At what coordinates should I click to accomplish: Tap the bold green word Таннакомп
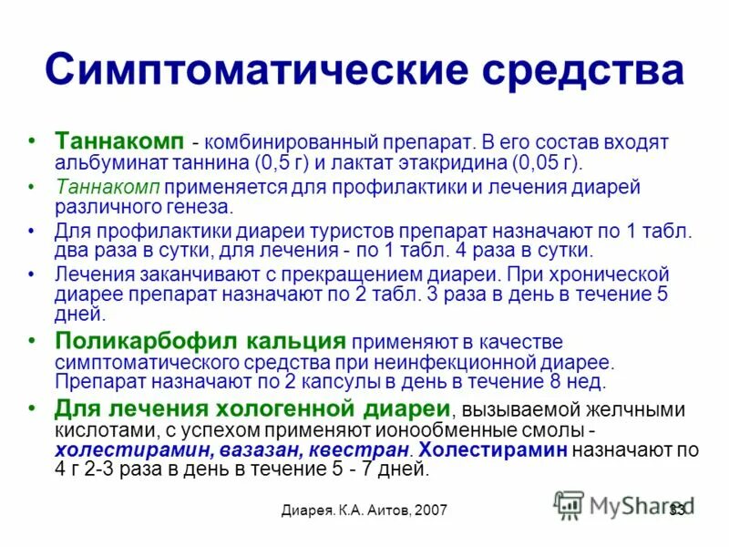point(121,142)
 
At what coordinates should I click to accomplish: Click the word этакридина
point(441,163)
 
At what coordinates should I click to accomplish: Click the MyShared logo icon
point(569,504)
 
